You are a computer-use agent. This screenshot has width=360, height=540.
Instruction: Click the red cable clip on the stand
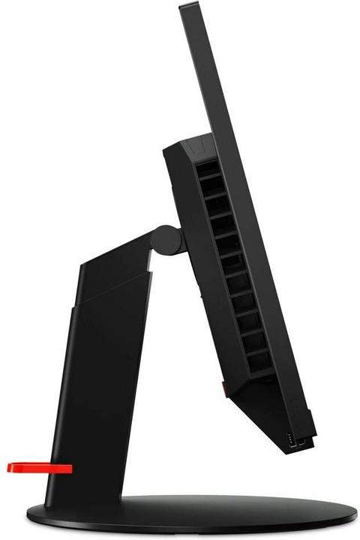[x=41, y=468]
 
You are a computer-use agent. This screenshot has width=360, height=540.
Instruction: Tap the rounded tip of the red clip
[x=10, y=468]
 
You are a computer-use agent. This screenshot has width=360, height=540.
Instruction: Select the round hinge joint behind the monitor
[x=166, y=239]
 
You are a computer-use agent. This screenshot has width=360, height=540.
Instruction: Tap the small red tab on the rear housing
[x=223, y=388]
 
